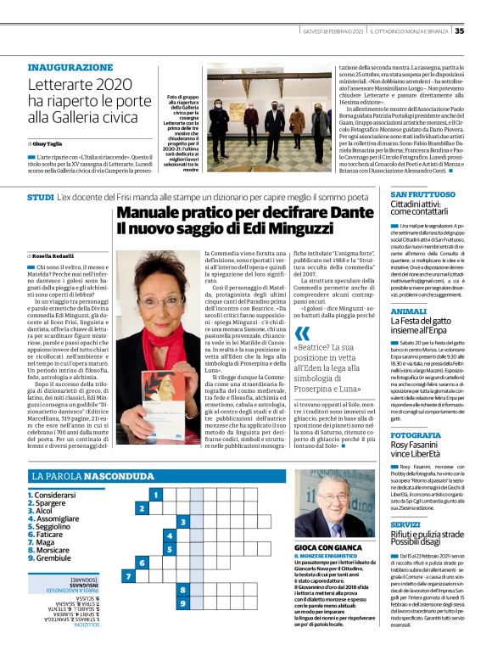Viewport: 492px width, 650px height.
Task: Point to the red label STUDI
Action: (41, 197)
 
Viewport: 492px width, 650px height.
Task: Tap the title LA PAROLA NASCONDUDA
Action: (94, 477)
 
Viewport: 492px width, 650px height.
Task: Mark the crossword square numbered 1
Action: (155, 494)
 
